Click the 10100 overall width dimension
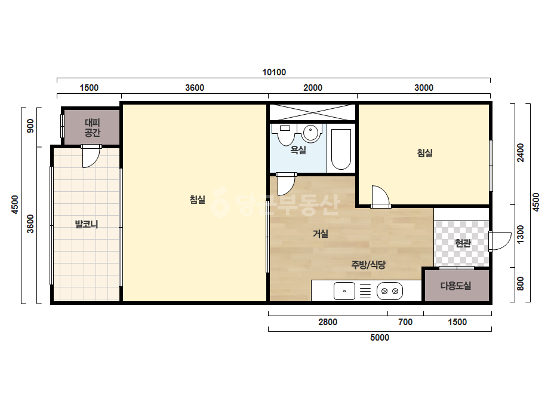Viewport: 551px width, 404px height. coord(274,72)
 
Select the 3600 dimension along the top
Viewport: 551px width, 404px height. coord(195,88)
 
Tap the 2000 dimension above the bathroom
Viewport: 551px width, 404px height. coord(313,88)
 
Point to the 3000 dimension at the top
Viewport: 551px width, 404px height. coord(424,88)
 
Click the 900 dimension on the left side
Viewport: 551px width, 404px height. coord(30,126)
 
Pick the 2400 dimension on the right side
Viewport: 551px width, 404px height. coord(521,153)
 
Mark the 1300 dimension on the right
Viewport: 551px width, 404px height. coord(521,234)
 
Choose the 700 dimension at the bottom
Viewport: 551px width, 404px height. coord(405,322)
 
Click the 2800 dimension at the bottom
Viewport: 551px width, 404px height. coord(328,322)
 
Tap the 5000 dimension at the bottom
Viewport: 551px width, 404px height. coord(380,338)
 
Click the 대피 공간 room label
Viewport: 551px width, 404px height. coord(93,127)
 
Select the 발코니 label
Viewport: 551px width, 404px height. coord(87,224)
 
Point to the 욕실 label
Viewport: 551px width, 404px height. coord(298,150)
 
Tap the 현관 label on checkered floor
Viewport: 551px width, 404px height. coord(463,243)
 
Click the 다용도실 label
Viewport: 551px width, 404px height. coord(455,286)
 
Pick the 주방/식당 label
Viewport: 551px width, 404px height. coord(368,265)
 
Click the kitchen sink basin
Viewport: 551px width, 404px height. coord(344,291)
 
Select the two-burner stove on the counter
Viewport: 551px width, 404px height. coord(390,291)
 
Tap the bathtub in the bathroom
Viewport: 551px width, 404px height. coord(341,149)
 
